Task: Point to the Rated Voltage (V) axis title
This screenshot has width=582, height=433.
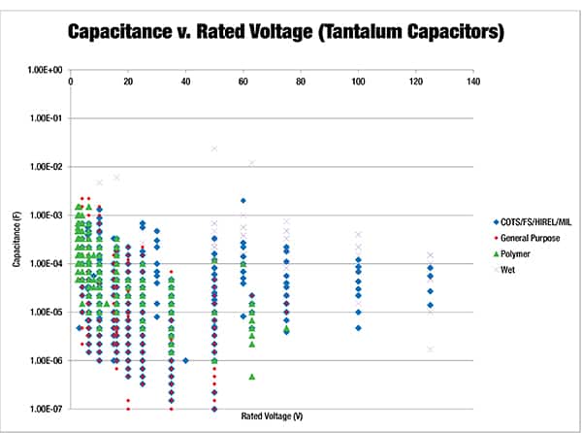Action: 273,416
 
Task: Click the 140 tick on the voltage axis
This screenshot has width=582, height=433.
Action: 473,81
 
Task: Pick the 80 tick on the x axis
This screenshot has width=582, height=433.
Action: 301,81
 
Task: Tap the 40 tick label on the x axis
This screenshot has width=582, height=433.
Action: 185,81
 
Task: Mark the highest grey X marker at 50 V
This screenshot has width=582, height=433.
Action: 214,149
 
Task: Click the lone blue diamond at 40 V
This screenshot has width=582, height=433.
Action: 185,360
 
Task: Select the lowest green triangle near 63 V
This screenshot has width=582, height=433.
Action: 252,377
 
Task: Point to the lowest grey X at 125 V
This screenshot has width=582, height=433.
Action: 430,350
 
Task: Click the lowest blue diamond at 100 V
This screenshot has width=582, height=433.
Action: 358,328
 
